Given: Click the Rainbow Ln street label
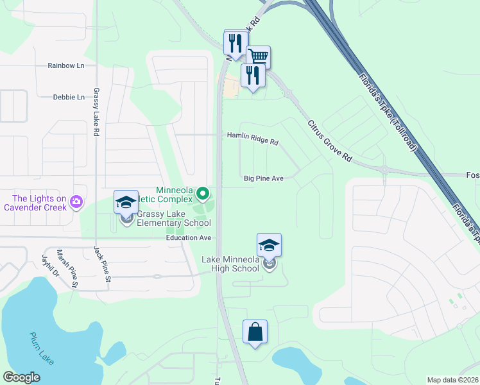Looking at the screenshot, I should coord(66,65).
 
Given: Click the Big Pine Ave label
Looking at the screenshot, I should coord(263,178).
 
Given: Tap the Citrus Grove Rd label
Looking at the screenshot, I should coord(330,141).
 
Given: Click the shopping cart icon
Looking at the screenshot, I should coord(258,56).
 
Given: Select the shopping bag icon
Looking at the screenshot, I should coord(255,332).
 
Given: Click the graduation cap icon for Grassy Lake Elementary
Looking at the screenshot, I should coord(126,202).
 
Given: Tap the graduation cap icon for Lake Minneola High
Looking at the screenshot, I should coord(269,244).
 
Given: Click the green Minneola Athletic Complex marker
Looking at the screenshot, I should coord(203,193).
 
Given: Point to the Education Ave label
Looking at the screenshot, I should coord(189,237).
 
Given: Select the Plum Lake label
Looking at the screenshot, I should coord(42,348).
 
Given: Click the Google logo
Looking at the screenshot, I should coord(22,377).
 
